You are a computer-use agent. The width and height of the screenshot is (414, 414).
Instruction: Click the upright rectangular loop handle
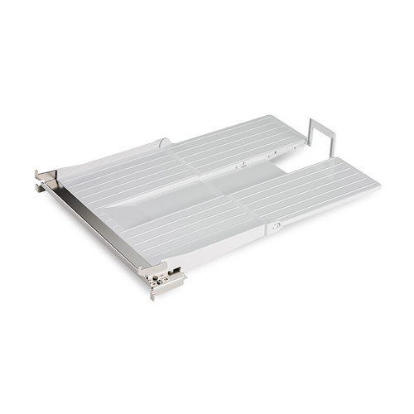point(320,137)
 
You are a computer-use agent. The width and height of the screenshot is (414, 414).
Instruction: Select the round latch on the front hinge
point(277,225)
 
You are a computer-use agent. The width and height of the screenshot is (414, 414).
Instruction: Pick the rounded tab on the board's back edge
point(165,143)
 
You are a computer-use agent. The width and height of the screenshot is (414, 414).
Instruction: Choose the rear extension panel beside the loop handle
point(248,141)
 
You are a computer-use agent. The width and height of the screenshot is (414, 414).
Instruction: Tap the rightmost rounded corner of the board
point(377,185)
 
